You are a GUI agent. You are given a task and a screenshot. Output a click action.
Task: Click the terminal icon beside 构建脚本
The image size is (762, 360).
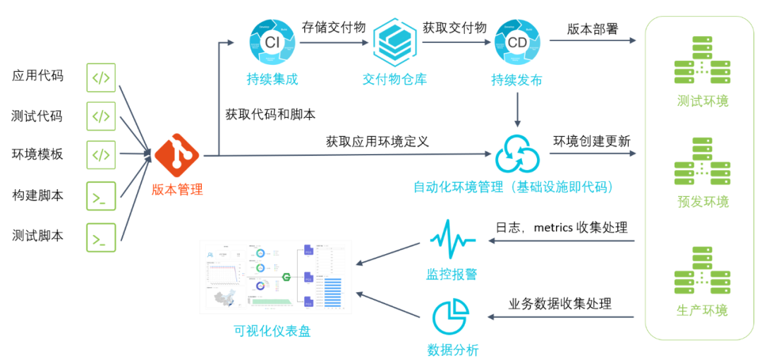101,197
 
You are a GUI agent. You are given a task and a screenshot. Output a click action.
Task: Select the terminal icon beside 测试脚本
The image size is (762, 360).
101,237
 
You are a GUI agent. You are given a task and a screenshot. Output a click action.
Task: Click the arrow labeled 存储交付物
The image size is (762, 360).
334,42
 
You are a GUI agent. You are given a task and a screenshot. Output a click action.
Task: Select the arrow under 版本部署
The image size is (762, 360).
593,41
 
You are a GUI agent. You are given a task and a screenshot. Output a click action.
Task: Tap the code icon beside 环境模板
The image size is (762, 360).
101,155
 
